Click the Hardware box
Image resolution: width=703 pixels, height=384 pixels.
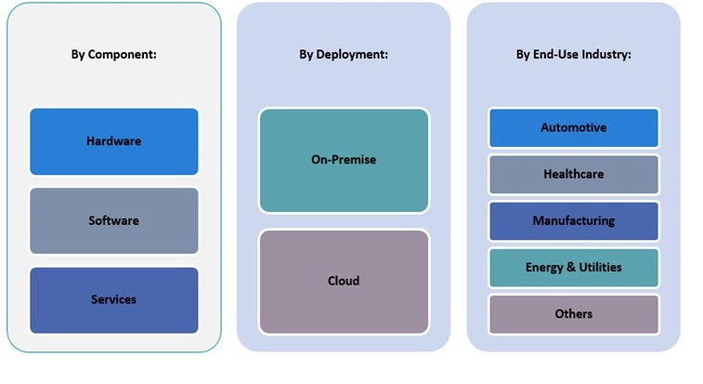tap(113, 141)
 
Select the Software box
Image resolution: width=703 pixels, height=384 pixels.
tap(113, 220)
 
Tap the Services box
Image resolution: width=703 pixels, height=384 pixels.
tap(113, 299)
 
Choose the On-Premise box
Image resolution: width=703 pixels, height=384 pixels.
tap(344, 160)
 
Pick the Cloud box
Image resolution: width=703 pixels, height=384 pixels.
tap(344, 281)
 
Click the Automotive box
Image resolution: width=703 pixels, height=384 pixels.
tap(573, 127)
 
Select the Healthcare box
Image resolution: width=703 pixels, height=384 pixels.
tap(573, 174)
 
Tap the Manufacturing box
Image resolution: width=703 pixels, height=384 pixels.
tap(573, 220)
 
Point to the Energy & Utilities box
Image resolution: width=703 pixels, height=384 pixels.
tap(573, 267)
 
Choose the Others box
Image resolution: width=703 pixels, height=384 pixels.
tap(573, 313)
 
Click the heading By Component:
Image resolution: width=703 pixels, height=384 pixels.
tap(113, 54)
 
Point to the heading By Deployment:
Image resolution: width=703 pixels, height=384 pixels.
tap(344, 54)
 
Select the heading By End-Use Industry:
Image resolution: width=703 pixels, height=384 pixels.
tap(573, 54)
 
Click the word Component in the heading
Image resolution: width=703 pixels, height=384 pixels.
tap(123, 54)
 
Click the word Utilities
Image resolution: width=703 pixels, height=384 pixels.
tap(599, 267)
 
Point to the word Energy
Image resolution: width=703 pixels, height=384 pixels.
tap(544, 268)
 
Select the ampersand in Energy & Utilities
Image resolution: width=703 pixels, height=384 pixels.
tap(569, 267)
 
